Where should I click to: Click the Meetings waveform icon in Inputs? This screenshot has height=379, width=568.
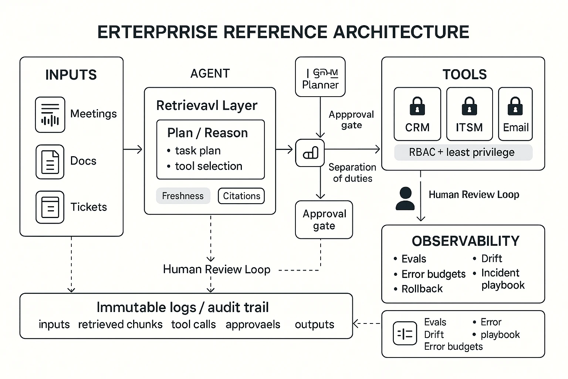[50, 115]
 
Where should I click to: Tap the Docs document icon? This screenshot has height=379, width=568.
[50, 162]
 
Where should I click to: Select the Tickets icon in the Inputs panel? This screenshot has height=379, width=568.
[50, 207]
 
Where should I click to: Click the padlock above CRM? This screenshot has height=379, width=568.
[417, 106]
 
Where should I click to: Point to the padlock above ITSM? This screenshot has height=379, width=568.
[469, 106]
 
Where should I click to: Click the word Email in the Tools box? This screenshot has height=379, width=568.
[515, 128]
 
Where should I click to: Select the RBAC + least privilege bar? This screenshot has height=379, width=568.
[463, 152]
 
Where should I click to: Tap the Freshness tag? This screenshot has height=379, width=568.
[183, 196]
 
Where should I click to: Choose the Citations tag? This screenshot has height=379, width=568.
[241, 196]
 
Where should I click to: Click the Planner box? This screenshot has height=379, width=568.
[320, 77]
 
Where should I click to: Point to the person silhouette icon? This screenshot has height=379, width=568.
[405, 198]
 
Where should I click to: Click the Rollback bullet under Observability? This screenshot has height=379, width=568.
[422, 289]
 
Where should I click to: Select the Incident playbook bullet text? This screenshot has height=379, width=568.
[503, 279]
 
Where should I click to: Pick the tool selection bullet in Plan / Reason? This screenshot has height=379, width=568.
[209, 166]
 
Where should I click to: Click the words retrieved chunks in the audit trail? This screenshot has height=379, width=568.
[120, 325]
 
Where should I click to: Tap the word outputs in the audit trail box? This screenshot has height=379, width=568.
[314, 325]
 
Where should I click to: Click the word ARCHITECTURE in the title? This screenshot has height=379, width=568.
[401, 32]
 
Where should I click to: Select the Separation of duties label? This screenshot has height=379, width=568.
[352, 173]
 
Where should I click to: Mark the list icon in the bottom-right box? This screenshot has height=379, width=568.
[405, 333]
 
